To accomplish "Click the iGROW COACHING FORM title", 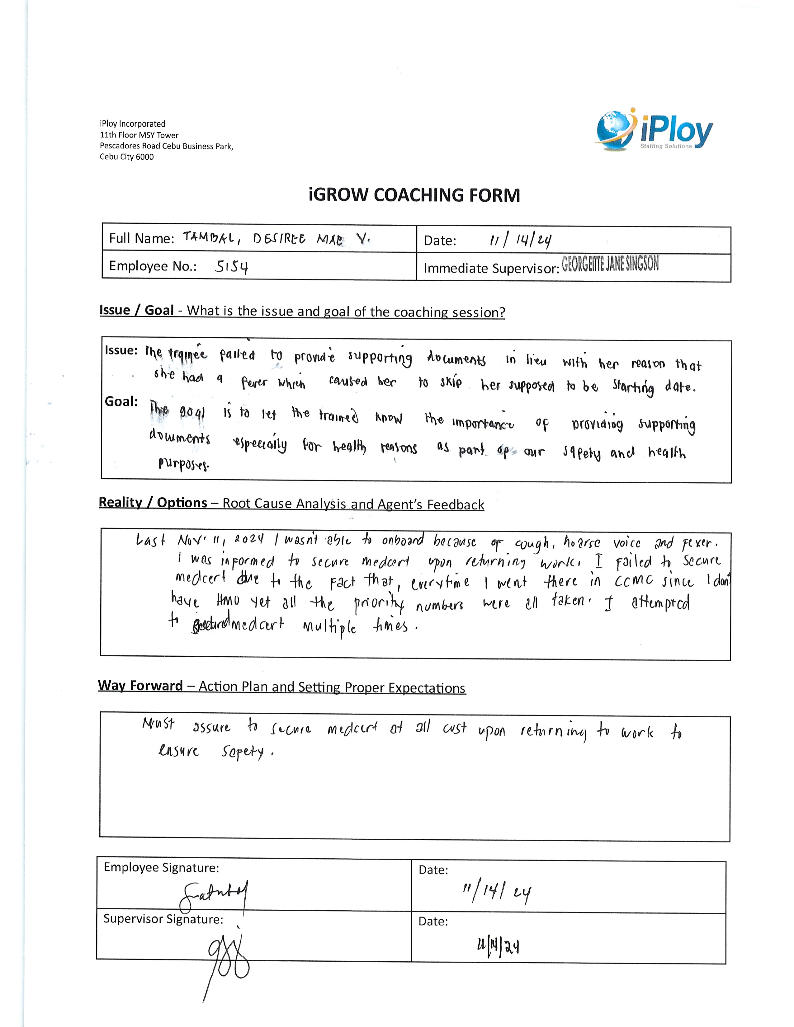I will click(414, 195).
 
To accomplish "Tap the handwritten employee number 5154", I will click(231, 267).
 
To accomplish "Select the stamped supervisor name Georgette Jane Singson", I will click(610, 264).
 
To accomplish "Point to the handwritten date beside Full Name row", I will click(520, 240).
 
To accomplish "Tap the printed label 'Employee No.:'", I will click(153, 266).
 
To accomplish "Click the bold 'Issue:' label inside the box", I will click(121, 350).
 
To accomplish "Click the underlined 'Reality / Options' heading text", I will click(153, 502).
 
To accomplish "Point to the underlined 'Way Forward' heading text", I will click(140, 685).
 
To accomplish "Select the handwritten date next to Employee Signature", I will click(497, 891).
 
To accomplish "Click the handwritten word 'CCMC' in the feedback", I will click(634, 582).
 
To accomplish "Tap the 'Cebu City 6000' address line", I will click(126, 157).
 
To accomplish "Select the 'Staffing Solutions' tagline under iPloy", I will click(666, 146).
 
